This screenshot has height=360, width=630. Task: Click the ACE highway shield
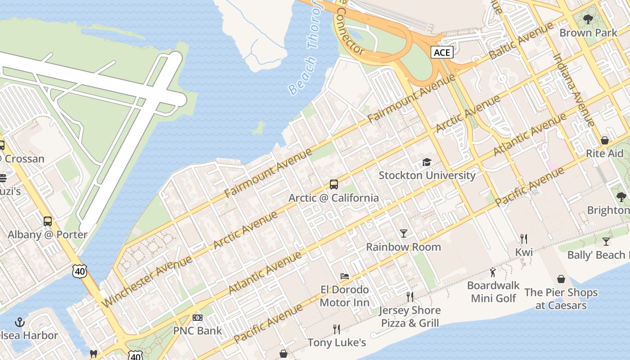tap(441, 52)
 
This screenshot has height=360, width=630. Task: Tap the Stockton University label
tap(427, 175)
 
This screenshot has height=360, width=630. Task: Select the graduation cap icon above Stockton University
tap(427, 162)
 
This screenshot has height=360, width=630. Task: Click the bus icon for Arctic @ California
tap(333, 184)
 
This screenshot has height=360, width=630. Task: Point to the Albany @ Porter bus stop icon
tap(48, 221)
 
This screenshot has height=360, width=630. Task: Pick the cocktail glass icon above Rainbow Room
tap(404, 233)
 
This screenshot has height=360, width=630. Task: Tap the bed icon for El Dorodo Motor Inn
tap(345, 276)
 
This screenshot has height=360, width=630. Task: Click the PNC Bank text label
tap(198, 331)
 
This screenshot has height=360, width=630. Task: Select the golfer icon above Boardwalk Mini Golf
tap(493, 272)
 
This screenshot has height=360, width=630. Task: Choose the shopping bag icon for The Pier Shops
tap(561, 279)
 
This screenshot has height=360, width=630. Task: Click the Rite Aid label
tap(604, 153)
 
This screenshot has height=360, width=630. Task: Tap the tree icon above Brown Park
tap(588, 19)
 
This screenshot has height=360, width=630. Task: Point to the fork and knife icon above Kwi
tap(524, 238)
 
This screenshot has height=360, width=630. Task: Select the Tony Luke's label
tap(337, 343)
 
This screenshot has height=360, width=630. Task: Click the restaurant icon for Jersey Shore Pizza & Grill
tap(409, 297)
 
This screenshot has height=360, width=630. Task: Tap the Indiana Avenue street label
tap(574, 90)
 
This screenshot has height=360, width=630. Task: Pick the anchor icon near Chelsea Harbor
tap(19, 322)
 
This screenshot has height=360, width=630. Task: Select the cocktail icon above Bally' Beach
tap(606, 242)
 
